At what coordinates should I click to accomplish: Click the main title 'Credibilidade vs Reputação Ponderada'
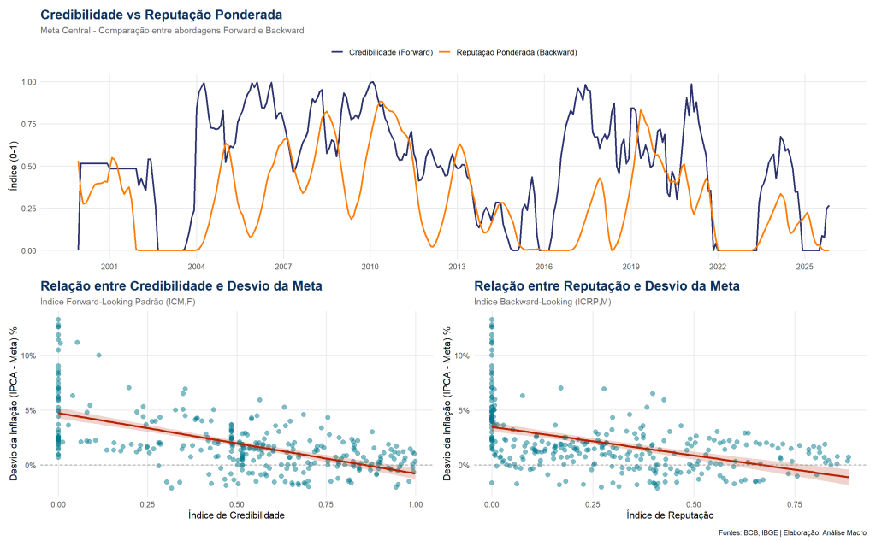pos(161,15)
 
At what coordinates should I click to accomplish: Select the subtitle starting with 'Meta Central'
pos(172,31)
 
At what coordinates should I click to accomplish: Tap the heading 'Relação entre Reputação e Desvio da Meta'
pos(607,285)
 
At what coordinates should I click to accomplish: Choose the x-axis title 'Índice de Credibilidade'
pos(236,515)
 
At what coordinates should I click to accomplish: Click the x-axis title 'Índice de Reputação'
pos(670,515)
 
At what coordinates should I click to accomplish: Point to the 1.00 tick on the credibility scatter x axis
pos(415,504)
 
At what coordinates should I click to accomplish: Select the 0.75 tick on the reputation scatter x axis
pos(795,504)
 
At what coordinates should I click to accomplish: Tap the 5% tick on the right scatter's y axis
pos(462,410)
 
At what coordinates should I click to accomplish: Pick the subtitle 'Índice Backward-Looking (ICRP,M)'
pos(543,302)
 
